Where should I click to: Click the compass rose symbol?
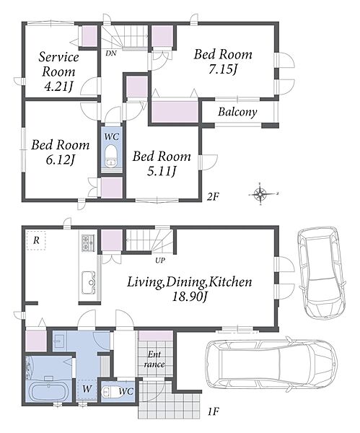pyautogui.click(x=260, y=193)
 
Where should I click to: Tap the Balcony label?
pyautogui.click(x=237, y=112)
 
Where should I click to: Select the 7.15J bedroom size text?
pyautogui.click(x=223, y=69)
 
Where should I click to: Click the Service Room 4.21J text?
pyautogui.click(x=58, y=71)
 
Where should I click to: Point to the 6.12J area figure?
pyautogui.click(x=61, y=159)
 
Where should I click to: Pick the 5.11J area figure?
pyautogui.click(x=162, y=172)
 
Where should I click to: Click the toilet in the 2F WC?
pyautogui.click(x=112, y=156)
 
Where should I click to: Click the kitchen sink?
pyautogui.click(x=88, y=283)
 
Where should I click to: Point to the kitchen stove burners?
pyautogui.click(x=88, y=242)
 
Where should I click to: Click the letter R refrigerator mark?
pyautogui.click(x=36, y=240)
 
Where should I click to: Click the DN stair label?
pyautogui.click(x=111, y=53)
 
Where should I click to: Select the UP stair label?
pyautogui.click(x=160, y=260)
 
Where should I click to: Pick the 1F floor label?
pyautogui.click(x=213, y=412)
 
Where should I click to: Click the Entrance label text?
pyautogui.click(x=154, y=359)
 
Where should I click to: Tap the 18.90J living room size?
pyautogui.click(x=190, y=297)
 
